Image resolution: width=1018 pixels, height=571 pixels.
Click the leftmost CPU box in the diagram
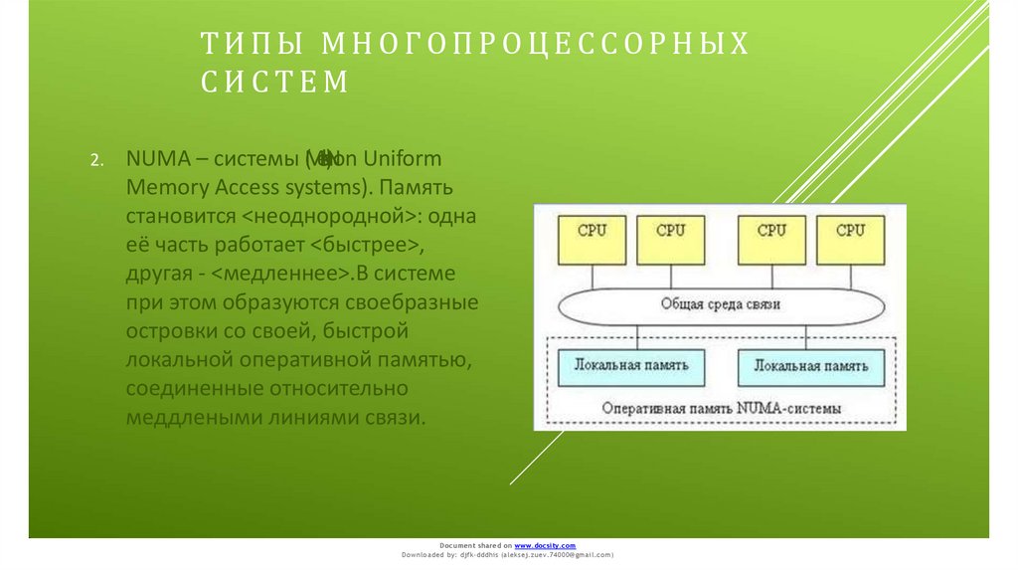592,240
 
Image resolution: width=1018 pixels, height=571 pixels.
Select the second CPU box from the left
672,240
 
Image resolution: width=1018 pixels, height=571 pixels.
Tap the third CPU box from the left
771,240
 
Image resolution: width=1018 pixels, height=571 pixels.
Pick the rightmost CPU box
850,240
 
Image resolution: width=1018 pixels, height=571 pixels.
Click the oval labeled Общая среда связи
722,303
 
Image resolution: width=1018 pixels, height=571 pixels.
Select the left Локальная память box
631,366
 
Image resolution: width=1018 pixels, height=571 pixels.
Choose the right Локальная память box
810,366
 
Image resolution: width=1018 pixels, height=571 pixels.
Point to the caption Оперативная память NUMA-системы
722,408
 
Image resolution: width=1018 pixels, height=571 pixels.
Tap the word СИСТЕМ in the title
275,83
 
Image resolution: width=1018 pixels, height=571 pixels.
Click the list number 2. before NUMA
96,160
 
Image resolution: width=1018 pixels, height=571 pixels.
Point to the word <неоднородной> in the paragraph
327,215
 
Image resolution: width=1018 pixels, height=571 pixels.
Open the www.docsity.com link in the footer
545,546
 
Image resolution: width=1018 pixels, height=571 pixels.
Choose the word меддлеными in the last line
193,417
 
